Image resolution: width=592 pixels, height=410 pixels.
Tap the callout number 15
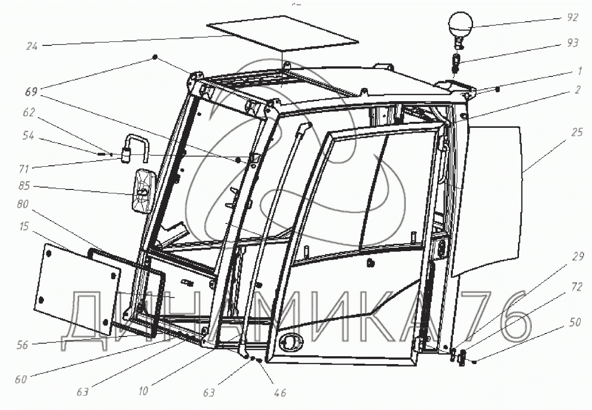[x=24, y=226]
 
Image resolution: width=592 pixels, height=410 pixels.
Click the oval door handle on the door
[x=291, y=341]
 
